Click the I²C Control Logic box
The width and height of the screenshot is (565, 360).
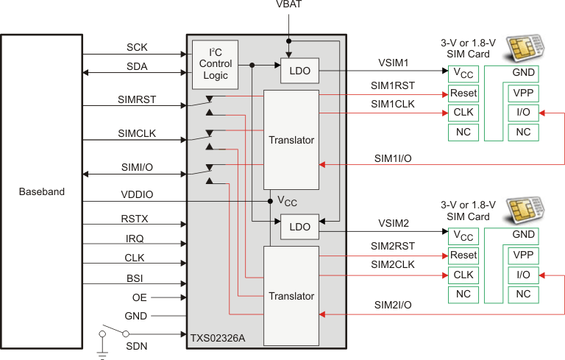(x=216, y=64)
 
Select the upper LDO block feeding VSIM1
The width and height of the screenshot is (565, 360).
(x=299, y=71)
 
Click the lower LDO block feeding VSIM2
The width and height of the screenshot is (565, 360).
(x=299, y=230)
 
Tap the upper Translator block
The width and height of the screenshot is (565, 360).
(x=291, y=139)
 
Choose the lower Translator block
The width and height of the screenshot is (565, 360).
(x=291, y=296)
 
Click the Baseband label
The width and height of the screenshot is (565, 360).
(x=41, y=191)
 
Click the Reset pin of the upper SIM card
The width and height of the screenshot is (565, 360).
(x=463, y=93)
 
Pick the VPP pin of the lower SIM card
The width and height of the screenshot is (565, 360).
(x=523, y=255)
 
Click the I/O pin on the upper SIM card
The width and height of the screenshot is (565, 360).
(x=523, y=113)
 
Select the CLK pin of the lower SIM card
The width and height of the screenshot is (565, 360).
(x=463, y=274)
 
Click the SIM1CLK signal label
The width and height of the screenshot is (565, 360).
(x=392, y=104)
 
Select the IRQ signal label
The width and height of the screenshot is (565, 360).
(x=134, y=238)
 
